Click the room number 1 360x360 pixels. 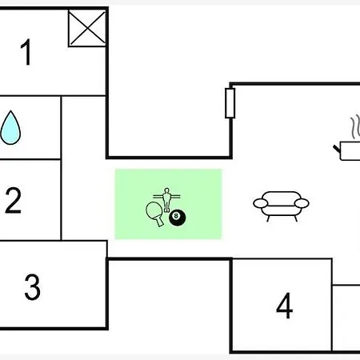[26, 52]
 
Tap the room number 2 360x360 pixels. [13, 200]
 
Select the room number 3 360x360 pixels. [33, 287]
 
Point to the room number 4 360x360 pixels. [285, 306]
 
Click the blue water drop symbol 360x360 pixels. [10, 128]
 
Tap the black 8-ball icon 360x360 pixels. [178, 218]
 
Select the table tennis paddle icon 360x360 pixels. [155, 214]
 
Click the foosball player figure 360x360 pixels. [166, 200]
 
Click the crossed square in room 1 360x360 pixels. [87, 28]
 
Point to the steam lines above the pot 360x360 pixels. [355, 127]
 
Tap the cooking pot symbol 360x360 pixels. [350, 151]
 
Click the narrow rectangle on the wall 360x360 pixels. [230, 103]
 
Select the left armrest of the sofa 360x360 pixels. [261, 203]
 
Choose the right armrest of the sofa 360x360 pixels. [302, 203]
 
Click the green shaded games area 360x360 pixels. [168, 204]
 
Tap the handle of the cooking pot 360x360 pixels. [337, 149]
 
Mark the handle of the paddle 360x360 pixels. [159, 221]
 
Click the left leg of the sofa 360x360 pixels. [268, 218]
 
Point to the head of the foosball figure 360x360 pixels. [166, 190]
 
